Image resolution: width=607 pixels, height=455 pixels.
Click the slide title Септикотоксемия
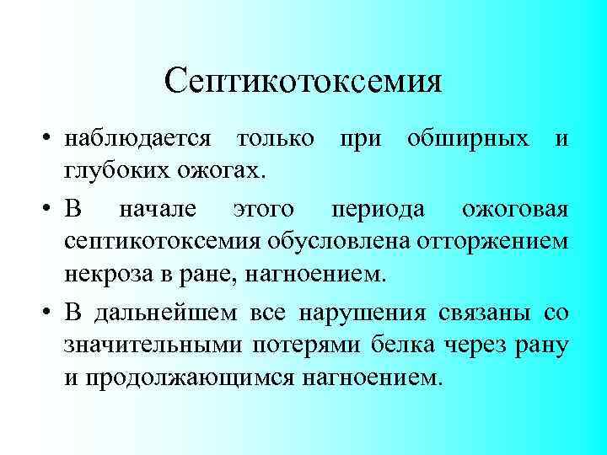coord(303,81)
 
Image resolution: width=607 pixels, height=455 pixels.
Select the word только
coord(277,137)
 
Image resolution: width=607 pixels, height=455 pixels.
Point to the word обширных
coord(467,137)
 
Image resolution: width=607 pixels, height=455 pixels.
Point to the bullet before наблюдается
coord(51,138)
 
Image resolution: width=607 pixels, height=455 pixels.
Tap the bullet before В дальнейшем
coord(51,313)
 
